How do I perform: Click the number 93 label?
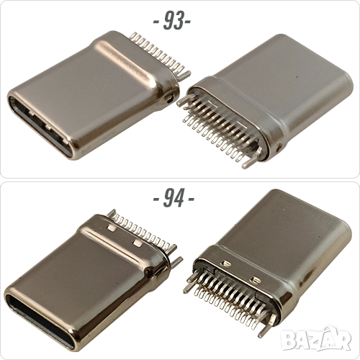[173, 20]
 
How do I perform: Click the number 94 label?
[174, 198]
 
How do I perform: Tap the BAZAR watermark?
[316, 338]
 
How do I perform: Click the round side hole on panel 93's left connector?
[170, 98]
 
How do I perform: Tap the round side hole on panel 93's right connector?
[279, 147]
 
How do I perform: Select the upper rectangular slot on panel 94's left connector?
[112, 228]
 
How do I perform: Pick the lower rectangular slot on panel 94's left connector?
[138, 243]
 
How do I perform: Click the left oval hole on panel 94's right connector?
[226, 264]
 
